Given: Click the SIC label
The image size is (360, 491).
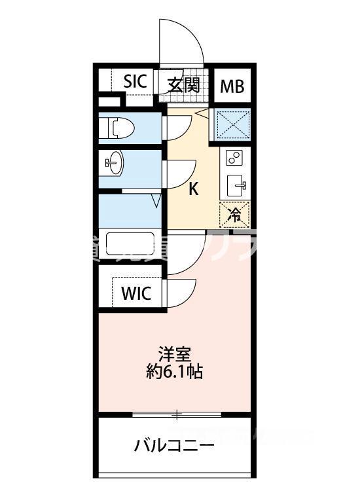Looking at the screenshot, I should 135,83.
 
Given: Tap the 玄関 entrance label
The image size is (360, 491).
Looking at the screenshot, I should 183,84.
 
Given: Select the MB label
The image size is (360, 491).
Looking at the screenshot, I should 230,85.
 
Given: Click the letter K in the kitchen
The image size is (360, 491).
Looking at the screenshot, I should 194,189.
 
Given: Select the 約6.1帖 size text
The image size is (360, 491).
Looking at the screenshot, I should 173,373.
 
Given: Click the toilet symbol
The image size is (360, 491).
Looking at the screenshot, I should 118,128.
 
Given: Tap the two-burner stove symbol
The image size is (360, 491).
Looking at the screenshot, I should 234,157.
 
